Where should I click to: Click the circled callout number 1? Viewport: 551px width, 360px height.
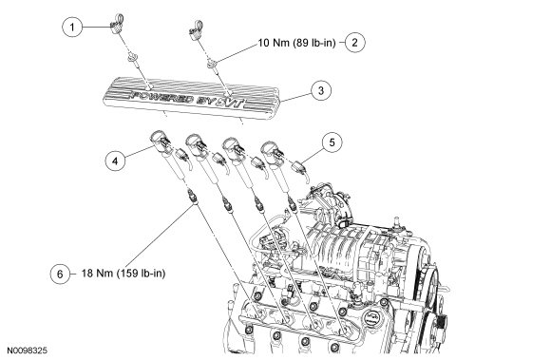72,27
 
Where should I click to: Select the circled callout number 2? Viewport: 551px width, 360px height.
355,42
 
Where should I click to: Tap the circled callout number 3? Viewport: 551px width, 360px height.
321,90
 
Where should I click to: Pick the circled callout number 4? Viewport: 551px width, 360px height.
115,161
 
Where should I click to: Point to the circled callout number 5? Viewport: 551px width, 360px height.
332,142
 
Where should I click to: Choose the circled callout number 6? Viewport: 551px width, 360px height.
60,274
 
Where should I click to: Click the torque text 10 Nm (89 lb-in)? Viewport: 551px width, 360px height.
297,43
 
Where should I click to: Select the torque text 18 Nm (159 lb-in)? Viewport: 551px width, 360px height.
123,274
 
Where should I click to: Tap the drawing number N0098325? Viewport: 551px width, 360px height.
28,351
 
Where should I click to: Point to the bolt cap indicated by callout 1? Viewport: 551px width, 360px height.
117,24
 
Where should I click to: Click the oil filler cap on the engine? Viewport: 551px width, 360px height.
372,318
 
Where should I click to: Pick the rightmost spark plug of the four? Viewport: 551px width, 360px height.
293,204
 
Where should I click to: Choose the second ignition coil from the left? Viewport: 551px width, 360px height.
203,161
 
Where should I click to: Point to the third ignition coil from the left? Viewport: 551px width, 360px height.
239,162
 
